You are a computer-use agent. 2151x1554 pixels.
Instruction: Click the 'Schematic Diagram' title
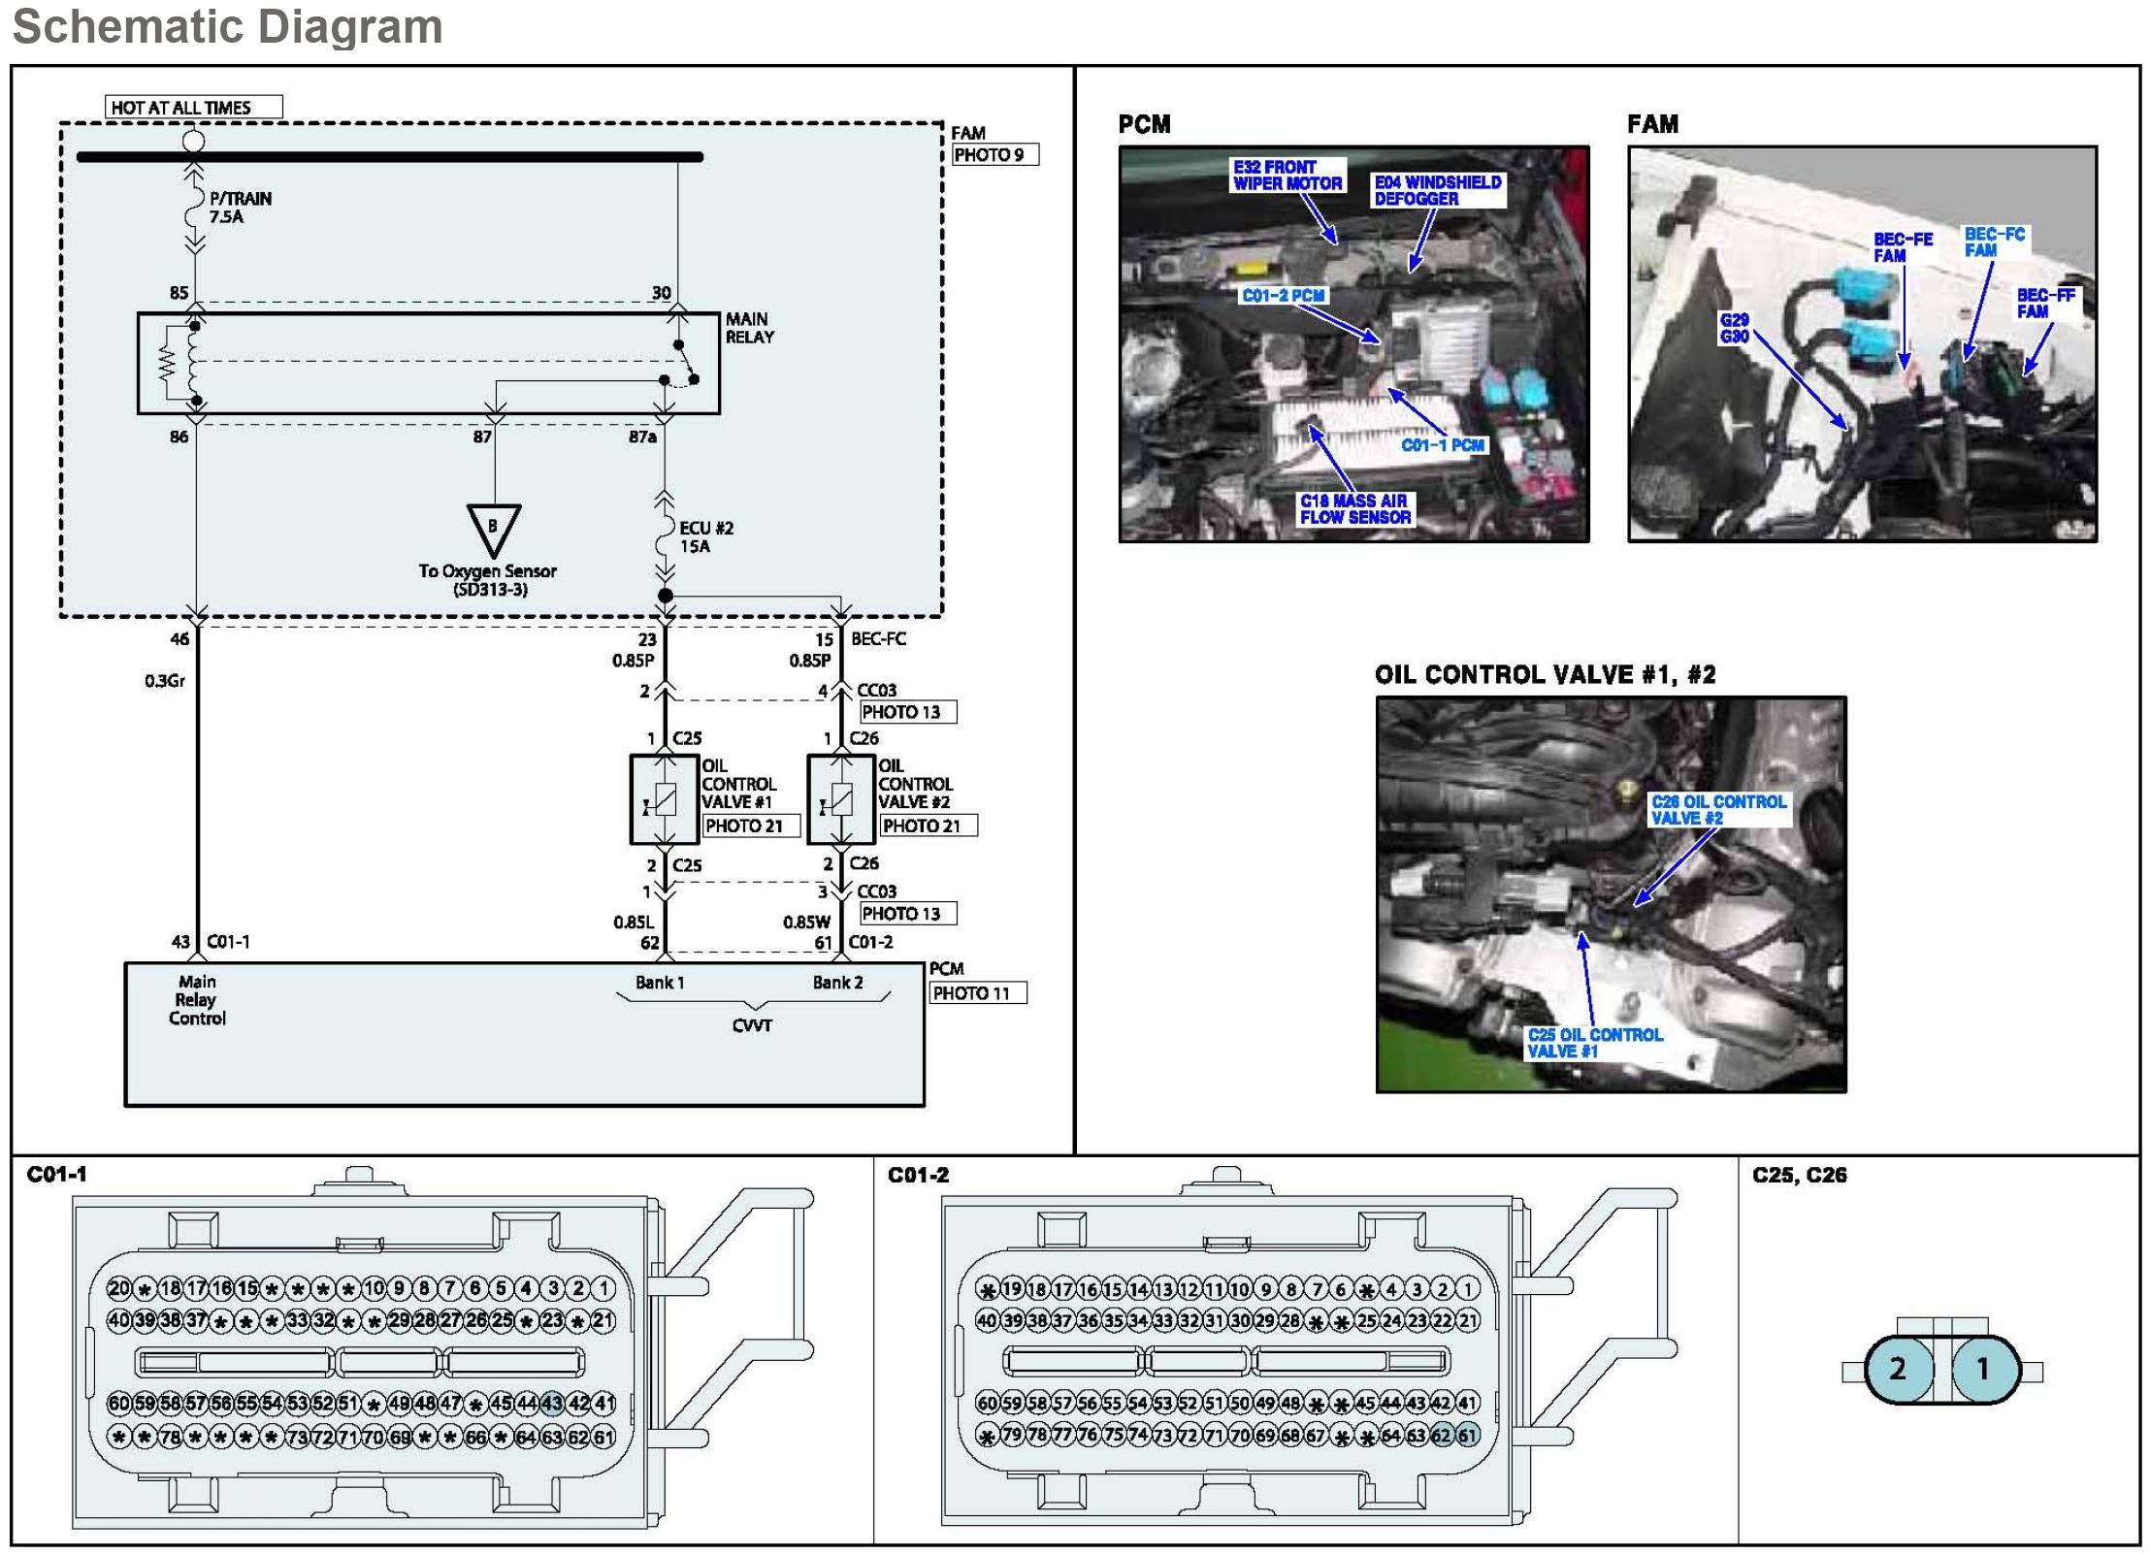point(227,26)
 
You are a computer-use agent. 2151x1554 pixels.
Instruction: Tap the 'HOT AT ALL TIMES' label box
point(192,107)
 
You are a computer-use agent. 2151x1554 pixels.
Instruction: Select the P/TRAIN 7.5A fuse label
point(239,208)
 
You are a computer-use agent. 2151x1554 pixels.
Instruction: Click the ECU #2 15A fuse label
point(704,536)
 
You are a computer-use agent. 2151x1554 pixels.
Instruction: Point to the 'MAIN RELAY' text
point(749,328)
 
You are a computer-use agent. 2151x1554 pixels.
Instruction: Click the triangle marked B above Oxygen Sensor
point(493,529)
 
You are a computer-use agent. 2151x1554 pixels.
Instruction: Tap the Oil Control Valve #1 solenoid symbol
point(665,799)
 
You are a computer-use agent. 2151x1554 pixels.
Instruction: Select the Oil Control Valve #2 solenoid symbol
point(841,799)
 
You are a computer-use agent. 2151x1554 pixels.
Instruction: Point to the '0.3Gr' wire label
point(165,681)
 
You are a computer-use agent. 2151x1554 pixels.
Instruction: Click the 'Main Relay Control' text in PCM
point(197,1000)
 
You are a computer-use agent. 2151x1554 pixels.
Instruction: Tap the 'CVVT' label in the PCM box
point(752,1025)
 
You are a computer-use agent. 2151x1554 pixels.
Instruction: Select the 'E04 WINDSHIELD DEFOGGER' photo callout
point(1437,190)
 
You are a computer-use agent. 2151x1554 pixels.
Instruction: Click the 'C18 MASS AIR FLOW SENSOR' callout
point(1354,509)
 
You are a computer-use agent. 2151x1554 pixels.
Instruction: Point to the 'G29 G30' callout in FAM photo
point(1734,328)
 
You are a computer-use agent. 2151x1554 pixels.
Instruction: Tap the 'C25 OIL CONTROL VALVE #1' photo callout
point(1594,1043)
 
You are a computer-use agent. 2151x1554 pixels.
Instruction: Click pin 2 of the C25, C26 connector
point(1898,1369)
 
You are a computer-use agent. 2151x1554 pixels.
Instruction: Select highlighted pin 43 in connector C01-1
point(552,1403)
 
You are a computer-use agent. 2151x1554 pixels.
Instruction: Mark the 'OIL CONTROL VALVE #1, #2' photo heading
point(1545,675)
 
